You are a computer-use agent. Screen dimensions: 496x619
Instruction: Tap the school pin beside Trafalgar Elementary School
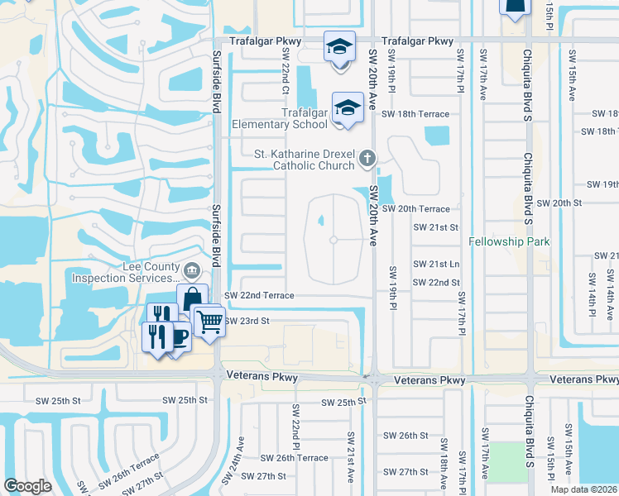click(x=348, y=107)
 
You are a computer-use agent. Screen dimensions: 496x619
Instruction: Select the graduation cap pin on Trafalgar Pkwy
click(x=339, y=46)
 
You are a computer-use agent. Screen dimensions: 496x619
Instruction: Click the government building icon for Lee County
click(x=192, y=269)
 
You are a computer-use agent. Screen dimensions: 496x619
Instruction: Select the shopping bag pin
click(x=192, y=299)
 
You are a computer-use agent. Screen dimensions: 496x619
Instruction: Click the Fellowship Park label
click(x=509, y=242)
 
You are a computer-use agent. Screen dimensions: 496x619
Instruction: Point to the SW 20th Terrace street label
click(x=416, y=209)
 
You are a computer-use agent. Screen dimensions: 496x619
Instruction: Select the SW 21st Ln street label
click(x=436, y=264)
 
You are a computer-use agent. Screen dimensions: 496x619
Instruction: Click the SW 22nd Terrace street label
click(x=260, y=295)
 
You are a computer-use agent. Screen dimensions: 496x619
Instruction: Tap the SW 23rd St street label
click(x=247, y=321)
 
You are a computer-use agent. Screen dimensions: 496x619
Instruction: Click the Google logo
click(x=28, y=486)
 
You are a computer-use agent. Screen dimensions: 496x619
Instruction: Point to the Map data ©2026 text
click(x=583, y=489)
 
